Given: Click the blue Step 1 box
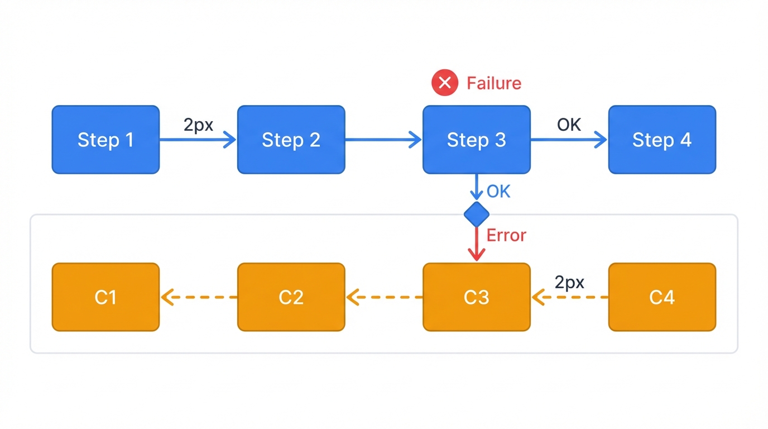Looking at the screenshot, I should point(105,140).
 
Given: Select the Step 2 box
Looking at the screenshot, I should point(291,140).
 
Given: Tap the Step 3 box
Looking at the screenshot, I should point(476,140).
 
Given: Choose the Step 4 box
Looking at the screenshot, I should point(662,140).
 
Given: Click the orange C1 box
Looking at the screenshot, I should point(105,297).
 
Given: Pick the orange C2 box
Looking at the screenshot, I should point(291,297).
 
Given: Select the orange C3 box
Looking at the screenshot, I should point(476,297).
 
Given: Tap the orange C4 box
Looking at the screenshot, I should point(662,297).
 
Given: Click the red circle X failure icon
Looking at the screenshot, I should point(445,83).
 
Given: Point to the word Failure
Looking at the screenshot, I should point(494,83).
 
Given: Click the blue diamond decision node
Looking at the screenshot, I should point(476,214).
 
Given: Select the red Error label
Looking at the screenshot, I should point(506,235).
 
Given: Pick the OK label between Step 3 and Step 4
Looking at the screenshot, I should point(569,125).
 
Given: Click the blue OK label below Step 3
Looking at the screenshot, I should point(498,192).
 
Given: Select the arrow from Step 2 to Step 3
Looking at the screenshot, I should point(383,140).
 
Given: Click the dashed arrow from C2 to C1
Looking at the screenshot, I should point(199,297).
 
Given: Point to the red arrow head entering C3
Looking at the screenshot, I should point(476,255).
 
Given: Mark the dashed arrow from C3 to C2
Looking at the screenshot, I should point(384,297).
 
